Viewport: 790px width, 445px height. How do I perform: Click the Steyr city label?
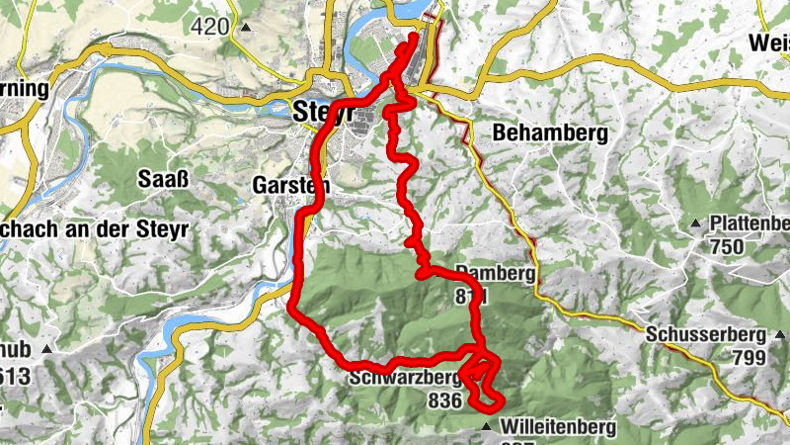point(322,112)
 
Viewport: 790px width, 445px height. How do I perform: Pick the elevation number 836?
point(446,400)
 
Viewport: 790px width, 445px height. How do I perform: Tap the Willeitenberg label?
point(558,427)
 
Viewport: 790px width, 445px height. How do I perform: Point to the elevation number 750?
point(728,246)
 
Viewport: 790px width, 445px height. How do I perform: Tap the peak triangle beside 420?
point(245,27)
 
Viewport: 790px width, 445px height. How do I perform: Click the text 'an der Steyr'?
point(140,226)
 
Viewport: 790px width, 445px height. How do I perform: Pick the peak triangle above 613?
point(45,349)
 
